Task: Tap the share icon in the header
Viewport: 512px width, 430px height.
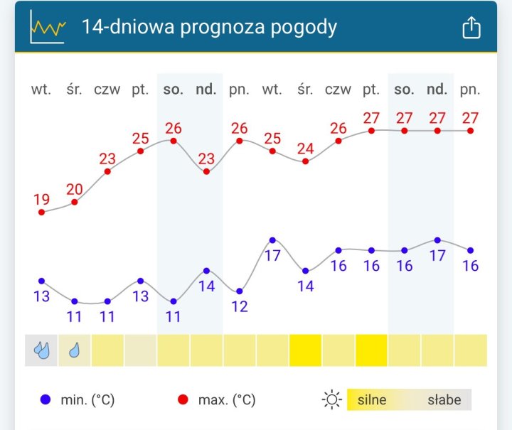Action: pyautogui.click(x=471, y=28)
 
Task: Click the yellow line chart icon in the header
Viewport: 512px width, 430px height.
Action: pyautogui.click(x=48, y=28)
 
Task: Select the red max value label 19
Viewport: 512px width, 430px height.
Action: pyautogui.click(x=41, y=200)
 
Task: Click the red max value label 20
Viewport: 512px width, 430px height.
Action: pyautogui.click(x=75, y=189)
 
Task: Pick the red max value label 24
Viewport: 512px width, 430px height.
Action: pyautogui.click(x=305, y=149)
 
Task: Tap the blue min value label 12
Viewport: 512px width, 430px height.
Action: pyautogui.click(x=240, y=306)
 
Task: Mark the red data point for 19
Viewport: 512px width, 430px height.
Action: pyautogui.click(x=41, y=212)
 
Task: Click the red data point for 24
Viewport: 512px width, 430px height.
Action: pyautogui.click(x=305, y=161)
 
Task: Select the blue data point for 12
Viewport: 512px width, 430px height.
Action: pyautogui.click(x=240, y=291)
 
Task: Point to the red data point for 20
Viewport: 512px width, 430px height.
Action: pyautogui.click(x=75, y=202)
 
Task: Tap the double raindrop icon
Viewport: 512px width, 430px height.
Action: pyautogui.click(x=41, y=350)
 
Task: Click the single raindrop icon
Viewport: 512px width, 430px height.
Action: pyautogui.click(x=75, y=350)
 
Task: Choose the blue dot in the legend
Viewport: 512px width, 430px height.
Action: pyautogui.click(x=46, y=399)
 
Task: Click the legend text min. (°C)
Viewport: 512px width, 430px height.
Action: pyautogui.click(x=87, y=400)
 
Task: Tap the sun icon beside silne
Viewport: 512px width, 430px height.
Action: pyautogui.click(x=331, y=399)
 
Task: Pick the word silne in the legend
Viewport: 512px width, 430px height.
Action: pyautogui.click(x=372, y=399)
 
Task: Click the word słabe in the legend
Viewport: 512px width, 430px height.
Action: pyautogui.click(x=444, y=399)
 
